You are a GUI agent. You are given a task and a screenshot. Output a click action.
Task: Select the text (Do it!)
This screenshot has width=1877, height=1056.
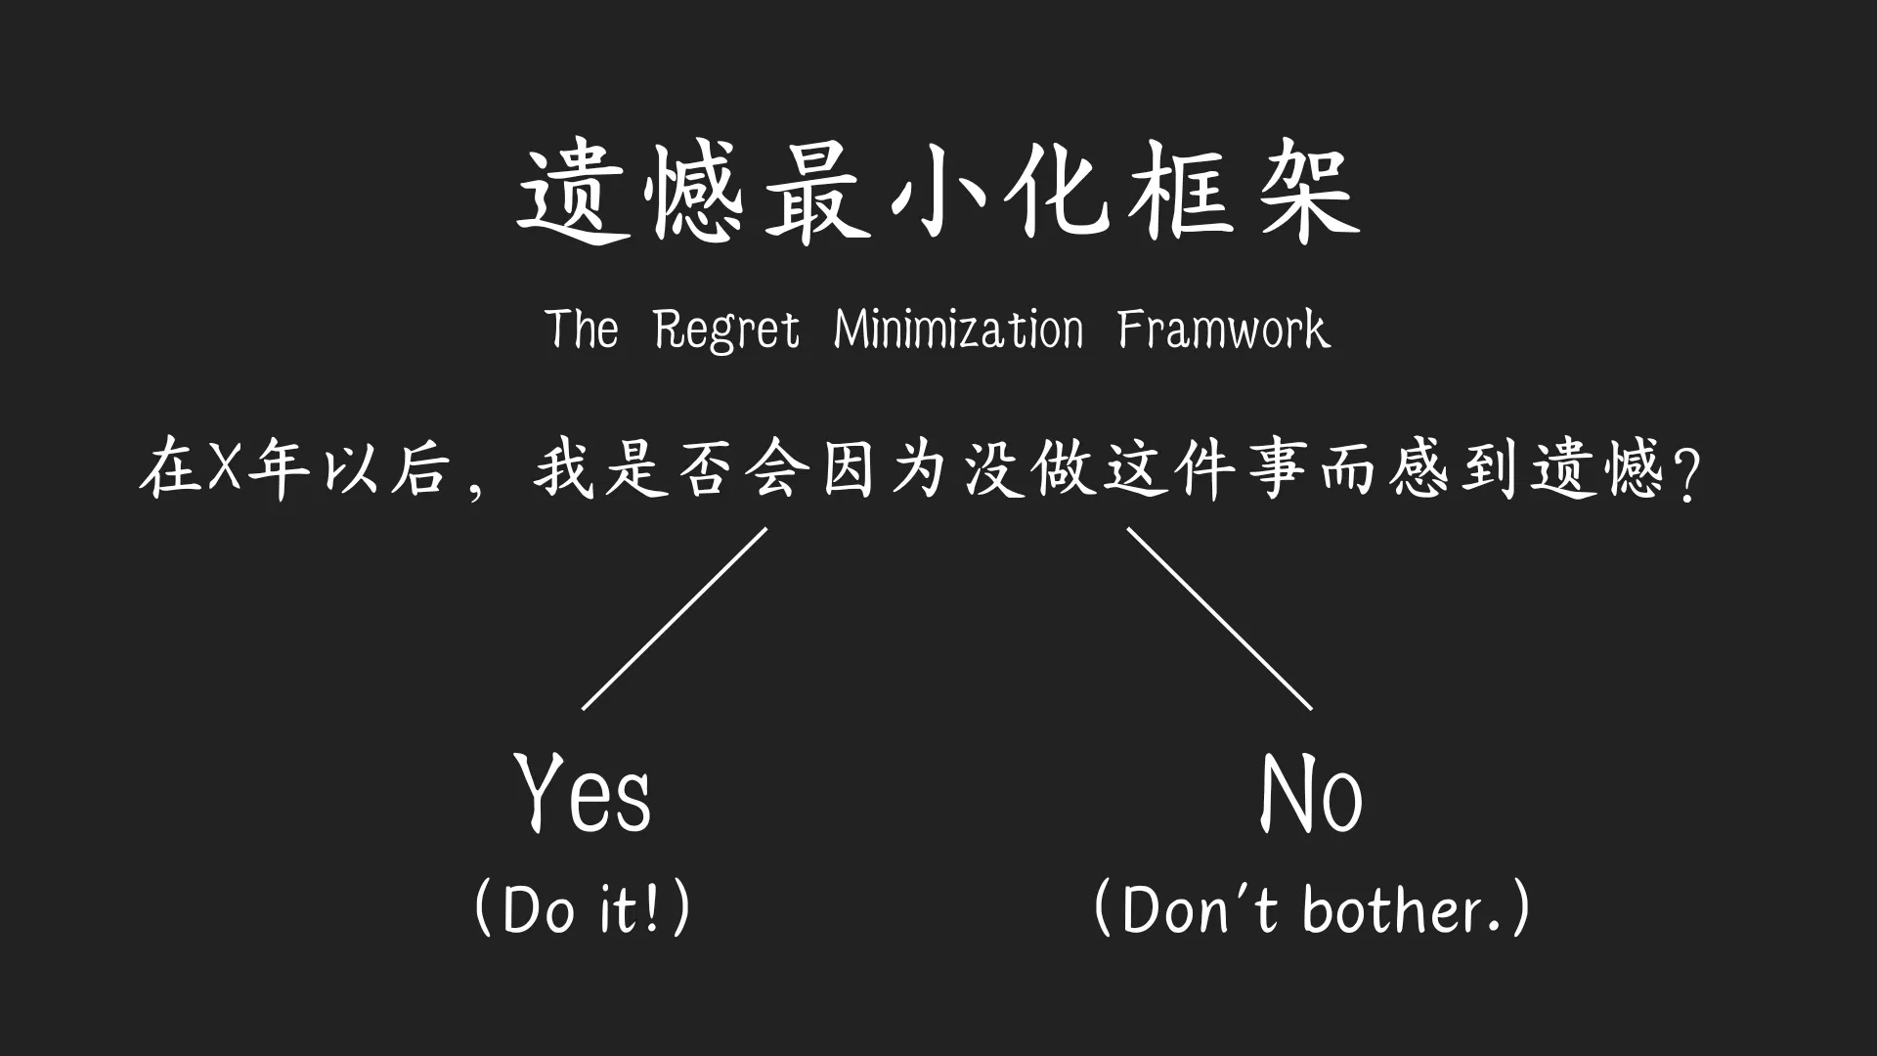click(x=583, y=908)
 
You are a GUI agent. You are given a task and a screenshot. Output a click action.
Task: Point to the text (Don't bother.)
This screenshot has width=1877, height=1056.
click(x=1311, y=908)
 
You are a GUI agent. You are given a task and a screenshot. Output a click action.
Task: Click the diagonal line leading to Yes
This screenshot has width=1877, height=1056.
click(x=675, y=618)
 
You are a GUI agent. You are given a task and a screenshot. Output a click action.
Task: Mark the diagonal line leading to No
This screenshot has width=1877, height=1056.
click(x=1219, y=618)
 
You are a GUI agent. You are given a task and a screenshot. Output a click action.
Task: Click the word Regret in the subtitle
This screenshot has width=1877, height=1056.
click(x=726, y=329)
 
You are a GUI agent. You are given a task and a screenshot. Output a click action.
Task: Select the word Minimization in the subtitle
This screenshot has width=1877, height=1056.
click(x=958, y=329)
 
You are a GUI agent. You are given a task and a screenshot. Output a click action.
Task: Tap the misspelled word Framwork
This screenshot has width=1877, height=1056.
click(x=1223, y=329)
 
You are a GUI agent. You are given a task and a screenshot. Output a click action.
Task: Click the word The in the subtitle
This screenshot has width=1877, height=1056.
click(x=582, y=329)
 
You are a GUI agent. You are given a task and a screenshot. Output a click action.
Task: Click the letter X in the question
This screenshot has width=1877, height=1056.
click(x=224, y=470)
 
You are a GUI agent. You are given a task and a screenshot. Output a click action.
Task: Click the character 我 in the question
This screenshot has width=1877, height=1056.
click(x=564, y=470)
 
